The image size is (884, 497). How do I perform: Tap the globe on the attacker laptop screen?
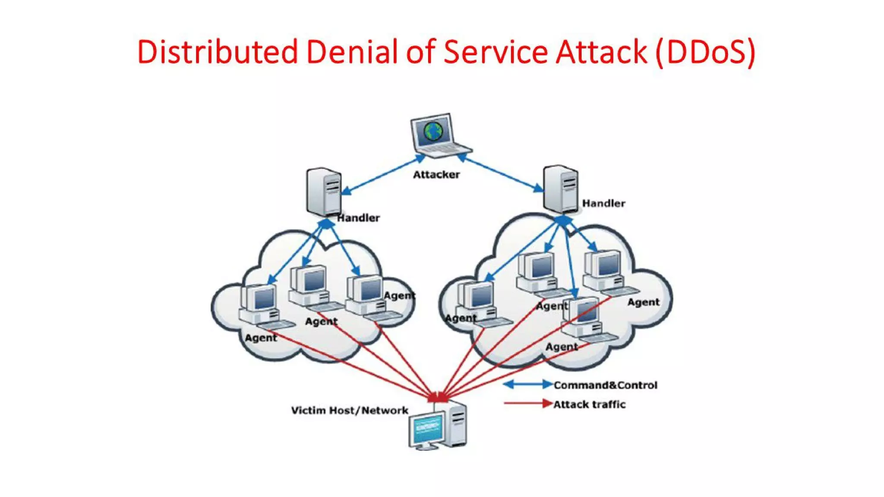pos(433,131)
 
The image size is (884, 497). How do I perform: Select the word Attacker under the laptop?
pos(436,175)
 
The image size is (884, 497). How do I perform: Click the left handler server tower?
pos(324,192)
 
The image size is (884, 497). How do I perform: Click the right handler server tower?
pos(560,189)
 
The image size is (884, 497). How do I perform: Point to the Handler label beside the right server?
pos(603,203)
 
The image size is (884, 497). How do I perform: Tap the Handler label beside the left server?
pos(358,218)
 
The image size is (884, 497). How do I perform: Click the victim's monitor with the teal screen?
pos(426,429)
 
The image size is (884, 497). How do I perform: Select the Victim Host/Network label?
pos(349,410)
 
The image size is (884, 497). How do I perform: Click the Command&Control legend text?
pos(605,385)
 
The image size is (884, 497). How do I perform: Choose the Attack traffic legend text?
pos(589,404)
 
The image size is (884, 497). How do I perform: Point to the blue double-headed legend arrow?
pos(527,384)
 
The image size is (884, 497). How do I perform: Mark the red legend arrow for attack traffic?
pos(527,403)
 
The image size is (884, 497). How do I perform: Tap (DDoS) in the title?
pos(705,52)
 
